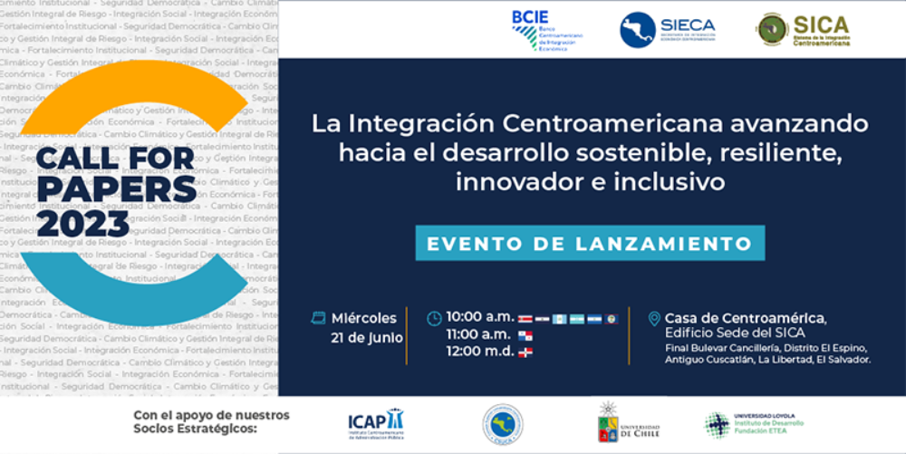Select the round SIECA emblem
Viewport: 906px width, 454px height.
[638, 30]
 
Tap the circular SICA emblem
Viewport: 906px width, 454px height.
[773, 30]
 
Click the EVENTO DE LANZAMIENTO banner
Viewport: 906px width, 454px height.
[590, 244]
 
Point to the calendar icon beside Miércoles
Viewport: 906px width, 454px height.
[318, 318]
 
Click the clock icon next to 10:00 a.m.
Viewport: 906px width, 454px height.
[435, 318]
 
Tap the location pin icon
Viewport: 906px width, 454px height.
[654, 319]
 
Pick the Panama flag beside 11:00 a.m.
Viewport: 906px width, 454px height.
[525, 336]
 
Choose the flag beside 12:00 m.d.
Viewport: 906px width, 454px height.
[525, 353]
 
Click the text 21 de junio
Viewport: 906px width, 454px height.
[367, 338]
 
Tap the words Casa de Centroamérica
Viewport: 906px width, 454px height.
[745, 318]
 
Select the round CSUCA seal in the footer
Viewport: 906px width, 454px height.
[502, 423]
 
